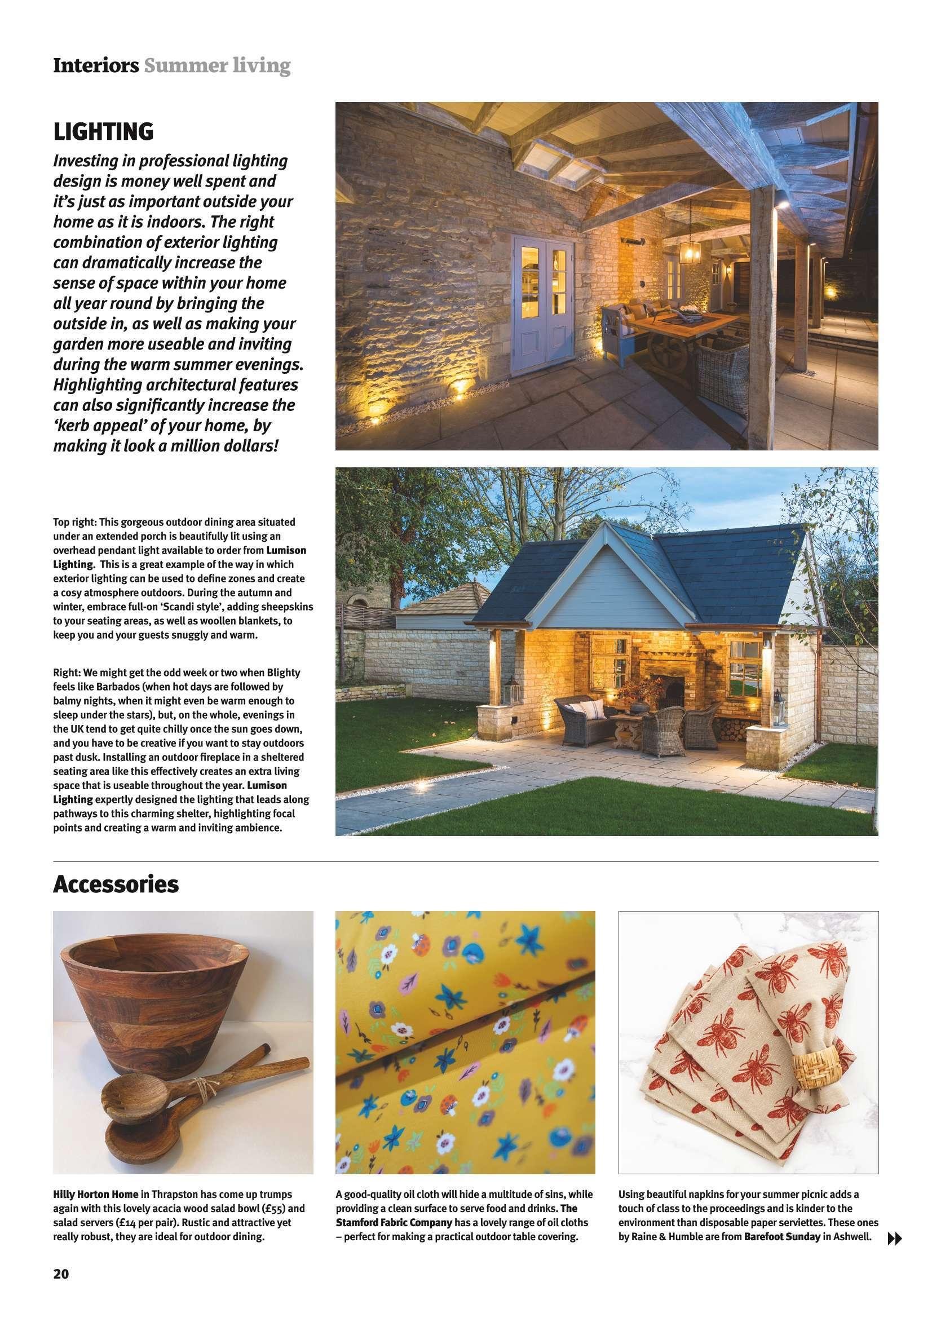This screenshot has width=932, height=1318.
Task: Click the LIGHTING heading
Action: [x=103, y=131]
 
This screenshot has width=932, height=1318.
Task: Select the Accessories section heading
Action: [x=116, y=884]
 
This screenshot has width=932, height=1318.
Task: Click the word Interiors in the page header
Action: [x=96, y=66]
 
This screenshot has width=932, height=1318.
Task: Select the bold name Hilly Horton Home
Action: [x=96, y=1195]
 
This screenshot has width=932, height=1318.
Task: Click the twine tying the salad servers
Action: [x=170, y=1097]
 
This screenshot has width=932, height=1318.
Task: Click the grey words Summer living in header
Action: [x=217, y=66]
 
